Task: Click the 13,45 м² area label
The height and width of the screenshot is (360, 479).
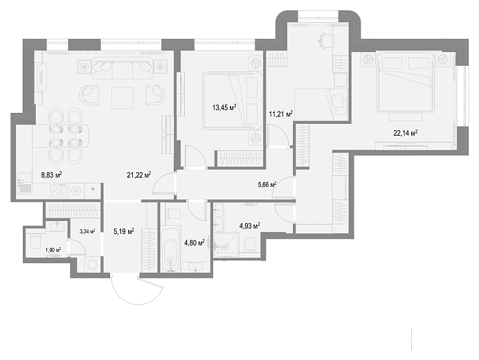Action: [x=224, y=107]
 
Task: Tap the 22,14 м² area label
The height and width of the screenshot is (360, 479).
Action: [x=406, y=133]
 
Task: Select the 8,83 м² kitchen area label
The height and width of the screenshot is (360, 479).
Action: [x=52, y=174]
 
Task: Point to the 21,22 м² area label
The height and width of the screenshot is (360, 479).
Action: [x=139, y=174]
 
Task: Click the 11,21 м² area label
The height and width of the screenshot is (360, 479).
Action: [x=281, y=114]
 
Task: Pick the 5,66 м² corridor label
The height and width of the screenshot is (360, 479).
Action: [x=267, y=184]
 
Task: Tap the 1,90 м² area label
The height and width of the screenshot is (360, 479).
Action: [x=53, y=250]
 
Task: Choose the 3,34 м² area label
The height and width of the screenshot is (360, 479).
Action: [x=87, y=231]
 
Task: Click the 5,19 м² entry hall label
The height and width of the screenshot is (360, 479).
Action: [x=124, y=231]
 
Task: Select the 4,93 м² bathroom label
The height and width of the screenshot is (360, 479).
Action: [x=250, y=226]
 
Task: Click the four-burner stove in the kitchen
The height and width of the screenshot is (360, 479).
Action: [x=58, y=191]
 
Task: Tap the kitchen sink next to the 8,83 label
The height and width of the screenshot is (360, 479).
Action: [x=24, y=182]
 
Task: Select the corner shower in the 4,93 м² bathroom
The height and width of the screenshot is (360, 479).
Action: [x=226, y=244]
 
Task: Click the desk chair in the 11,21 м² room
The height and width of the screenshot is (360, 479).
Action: [x=326, y=40]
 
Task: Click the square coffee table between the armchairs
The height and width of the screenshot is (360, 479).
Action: [x=123, y=98]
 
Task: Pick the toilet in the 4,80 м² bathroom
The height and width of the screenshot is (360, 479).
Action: [x=173, y=213]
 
